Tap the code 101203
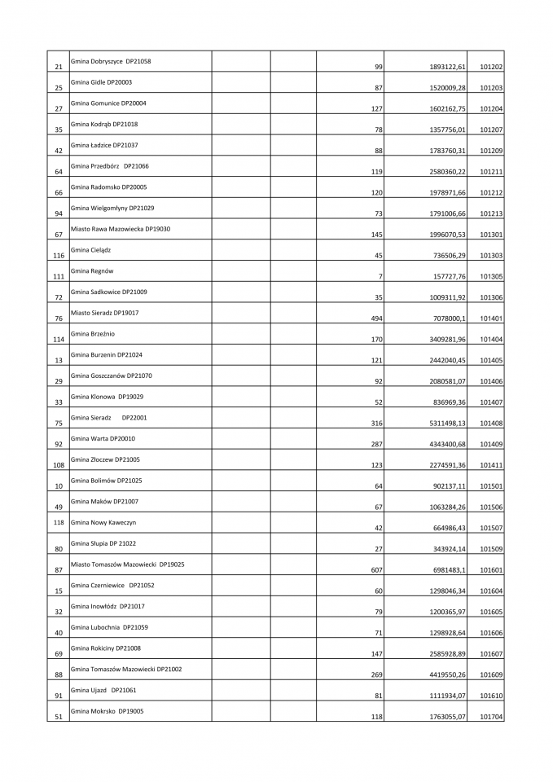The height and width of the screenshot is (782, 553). (x=491, y=88)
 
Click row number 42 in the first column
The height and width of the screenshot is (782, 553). (x=59, y=151)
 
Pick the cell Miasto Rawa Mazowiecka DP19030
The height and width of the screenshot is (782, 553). (x=121, y=229)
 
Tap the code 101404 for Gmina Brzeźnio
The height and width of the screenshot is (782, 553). (x=491, y=340)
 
